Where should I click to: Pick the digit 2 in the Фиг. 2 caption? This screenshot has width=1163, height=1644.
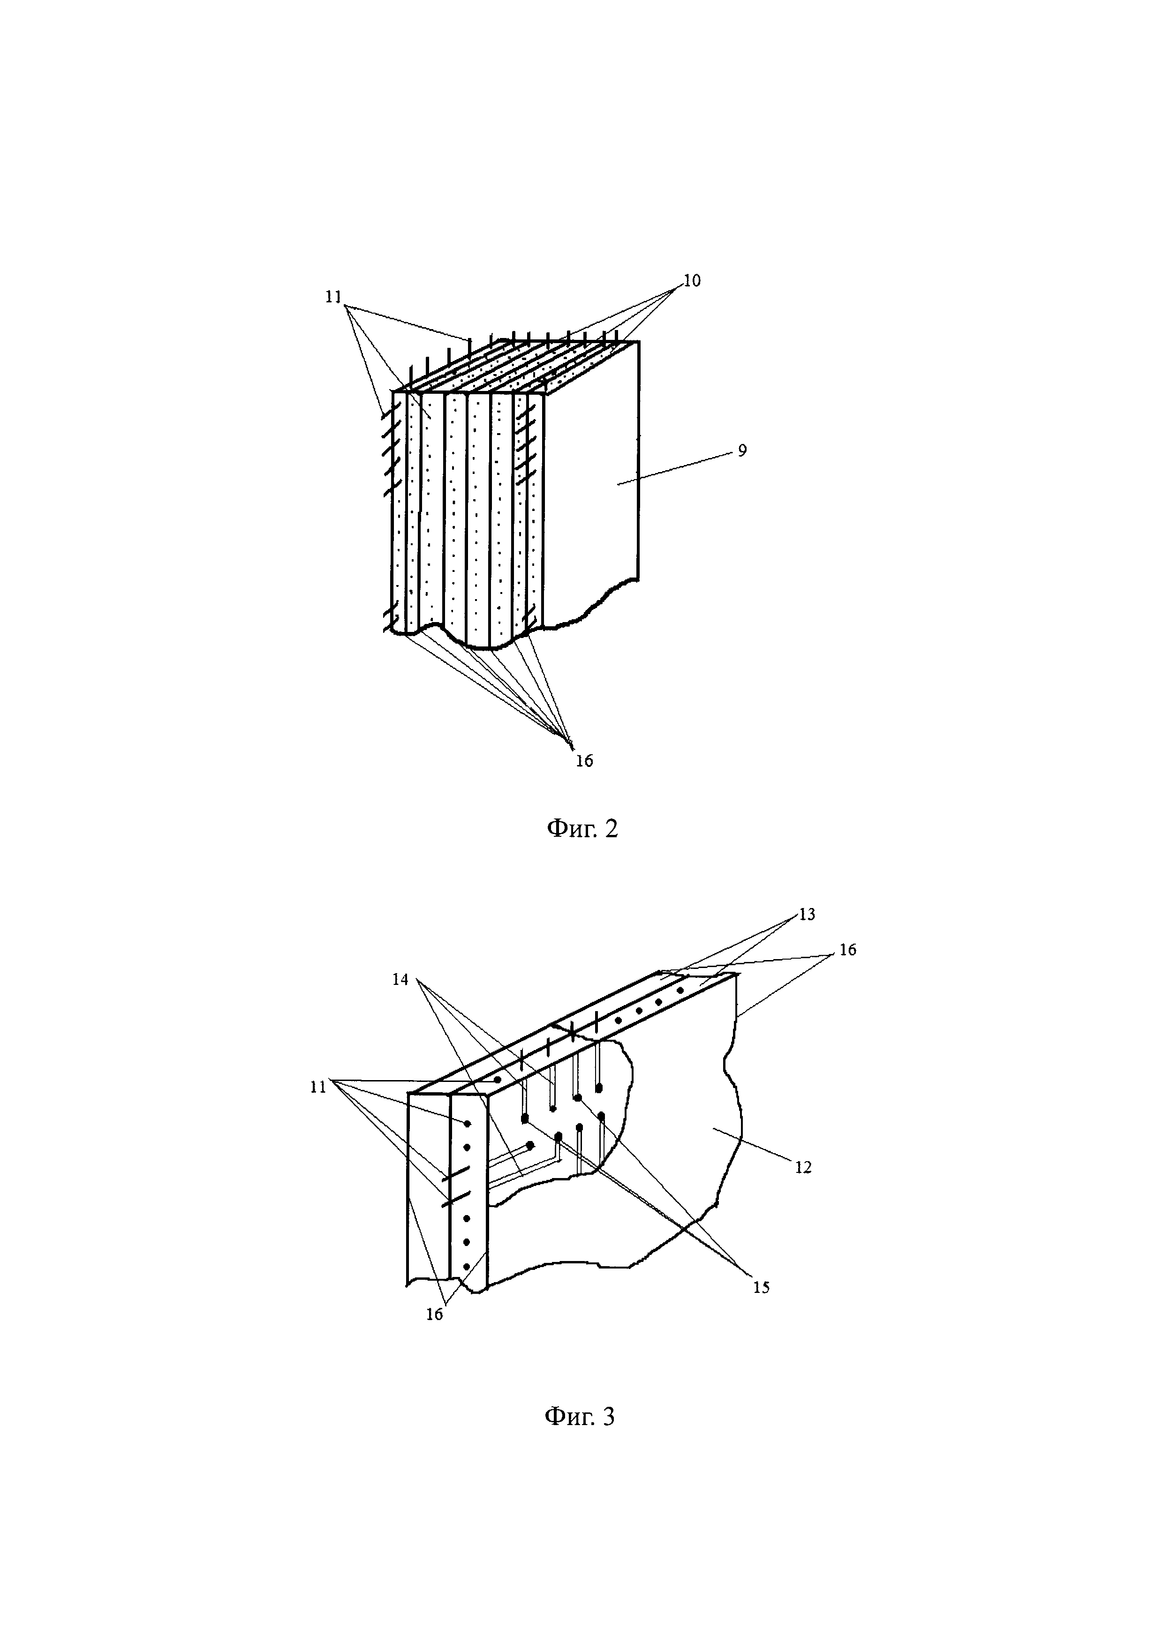[x=611, y=828]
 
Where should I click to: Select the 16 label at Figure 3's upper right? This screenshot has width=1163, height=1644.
[x=848, y=950]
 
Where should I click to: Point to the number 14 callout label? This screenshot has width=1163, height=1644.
[x=400, y=980]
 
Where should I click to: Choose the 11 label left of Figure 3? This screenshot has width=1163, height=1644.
[x=318, y=1087]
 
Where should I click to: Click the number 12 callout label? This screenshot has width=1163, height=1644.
[x=803, y=1168]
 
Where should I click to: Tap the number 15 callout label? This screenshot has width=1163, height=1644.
[x=761, y=1287]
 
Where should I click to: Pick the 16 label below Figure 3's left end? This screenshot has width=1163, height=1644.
[x=435, y=1314]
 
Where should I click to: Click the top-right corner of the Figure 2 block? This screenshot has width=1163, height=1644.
[x=639, y=342]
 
